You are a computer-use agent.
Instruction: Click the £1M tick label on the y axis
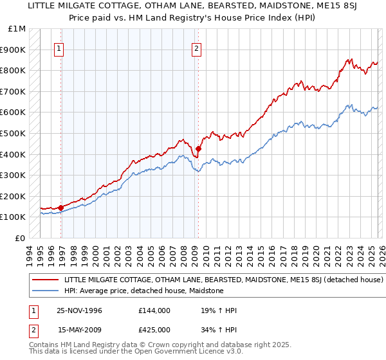tap(17, 28)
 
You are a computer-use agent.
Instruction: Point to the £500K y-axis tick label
tap(15, 133)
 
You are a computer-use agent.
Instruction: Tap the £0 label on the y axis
tap(21, 238)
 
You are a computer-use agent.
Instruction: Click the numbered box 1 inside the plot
tap(59, 48)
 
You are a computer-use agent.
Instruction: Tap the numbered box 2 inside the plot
tap(196, 48)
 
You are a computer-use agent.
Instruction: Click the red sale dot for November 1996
tap(61, 208)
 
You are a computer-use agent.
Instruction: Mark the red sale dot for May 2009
tap(198, 148)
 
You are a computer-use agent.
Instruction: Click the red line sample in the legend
tap(46, 280)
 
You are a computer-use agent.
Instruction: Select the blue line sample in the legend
tap(46, 291)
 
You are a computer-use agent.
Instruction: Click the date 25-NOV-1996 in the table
tap(80, 311)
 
